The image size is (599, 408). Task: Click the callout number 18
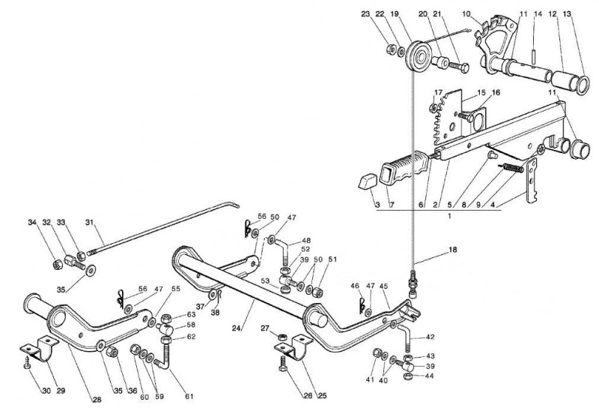[453, 250]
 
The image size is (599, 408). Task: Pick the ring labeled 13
[582, 85]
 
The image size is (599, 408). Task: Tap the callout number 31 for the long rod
[89, 222]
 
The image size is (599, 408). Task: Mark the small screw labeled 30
[27, 363]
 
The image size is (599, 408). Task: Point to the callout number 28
[97, 400]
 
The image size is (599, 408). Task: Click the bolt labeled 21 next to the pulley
[458, 68]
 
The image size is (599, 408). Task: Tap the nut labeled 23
[391, 49]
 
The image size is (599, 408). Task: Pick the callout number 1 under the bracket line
[449, 216]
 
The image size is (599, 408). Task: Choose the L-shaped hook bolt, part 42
[405, 337]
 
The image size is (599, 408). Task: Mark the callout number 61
[189, 397]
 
